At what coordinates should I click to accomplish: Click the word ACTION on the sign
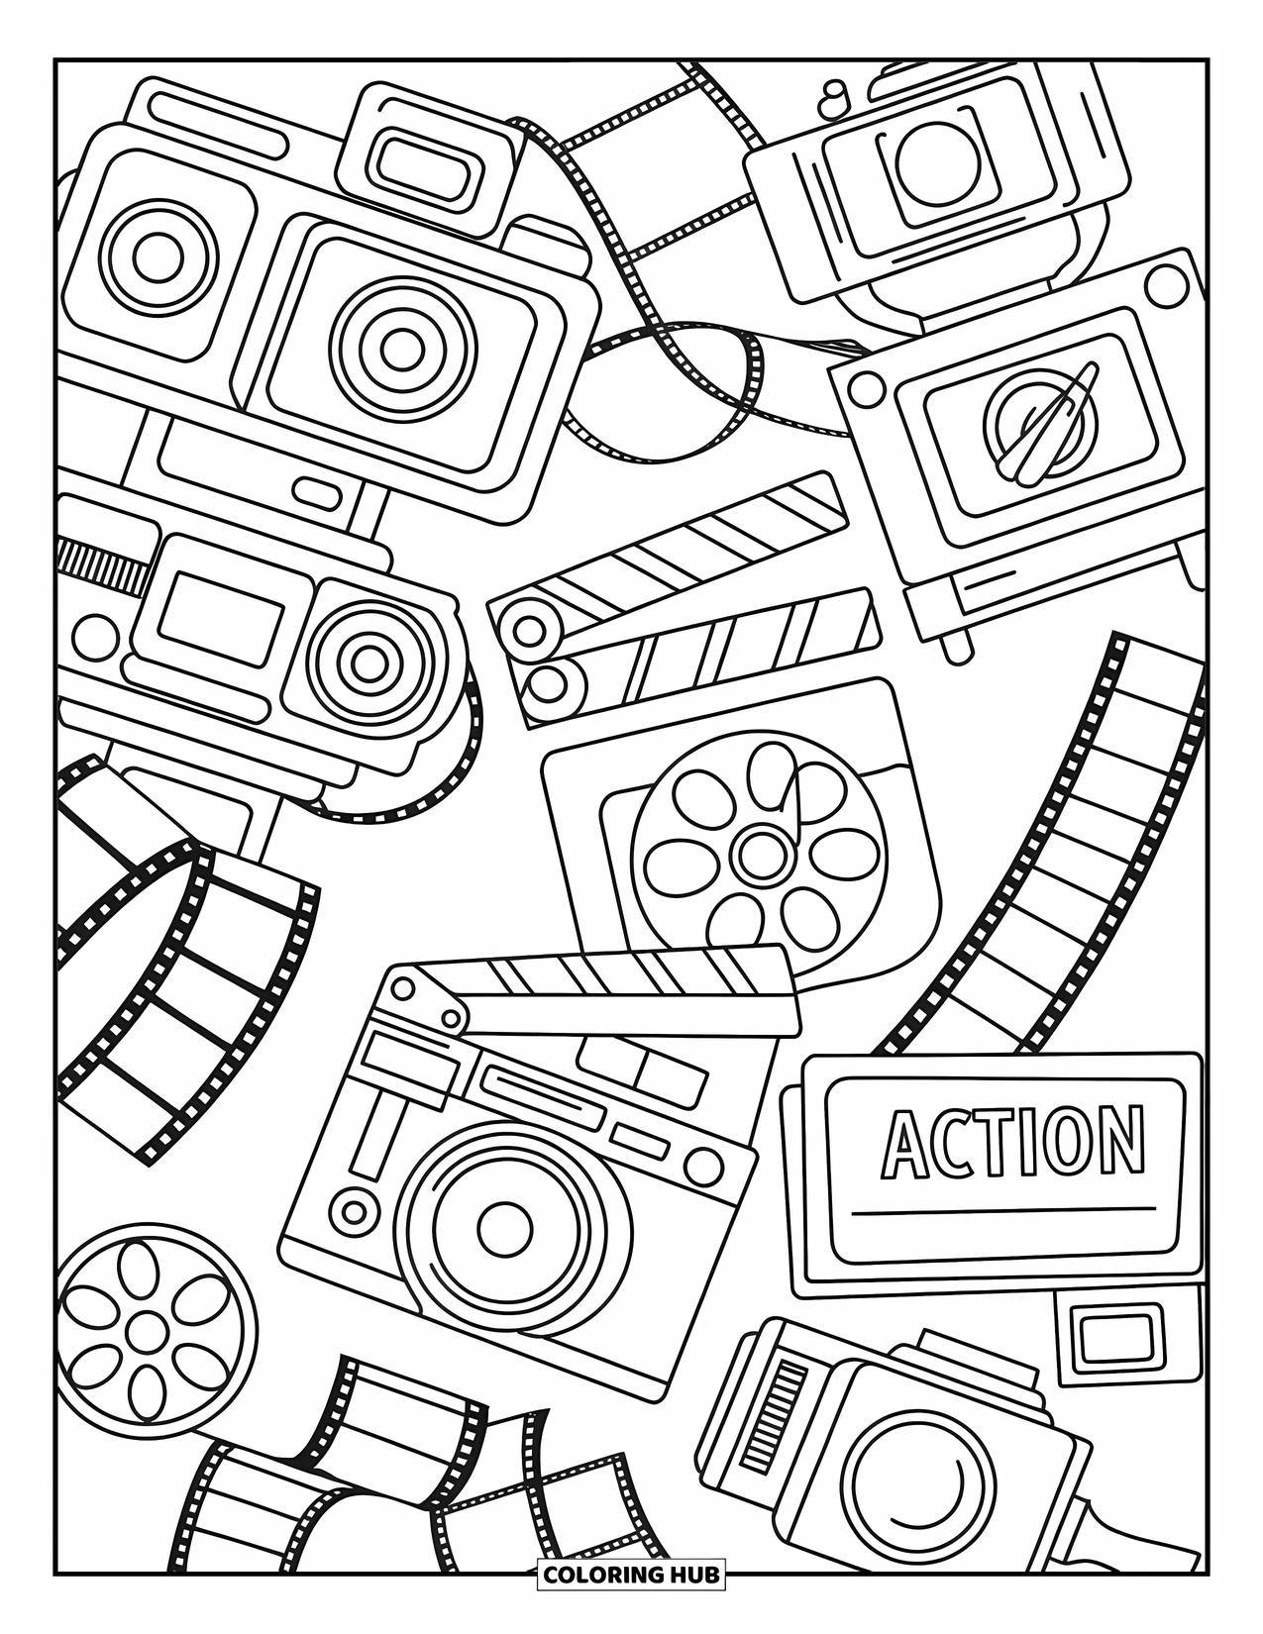[x=1013, y=1140]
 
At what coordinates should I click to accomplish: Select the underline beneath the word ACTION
[x=1003, y=1209]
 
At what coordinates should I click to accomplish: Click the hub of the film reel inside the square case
[x=758, y=849]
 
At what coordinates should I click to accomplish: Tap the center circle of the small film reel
[x=145, y=1327]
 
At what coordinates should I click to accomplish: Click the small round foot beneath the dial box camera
[x=957, y=649]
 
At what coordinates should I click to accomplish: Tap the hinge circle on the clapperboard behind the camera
[x=403, y=987]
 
